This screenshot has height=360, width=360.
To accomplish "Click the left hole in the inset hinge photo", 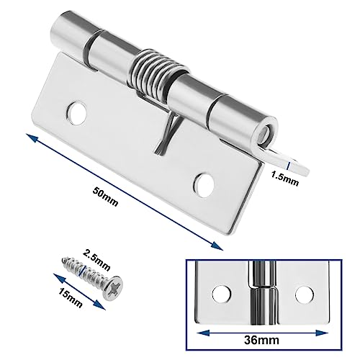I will tap(219, 294).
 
